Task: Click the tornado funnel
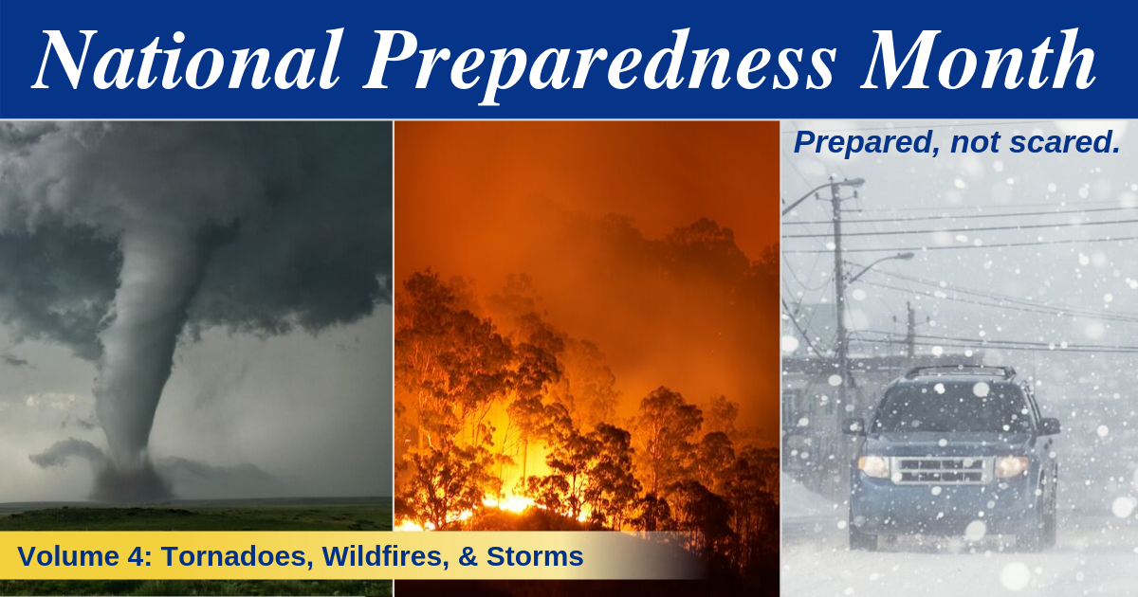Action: point(138,341)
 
